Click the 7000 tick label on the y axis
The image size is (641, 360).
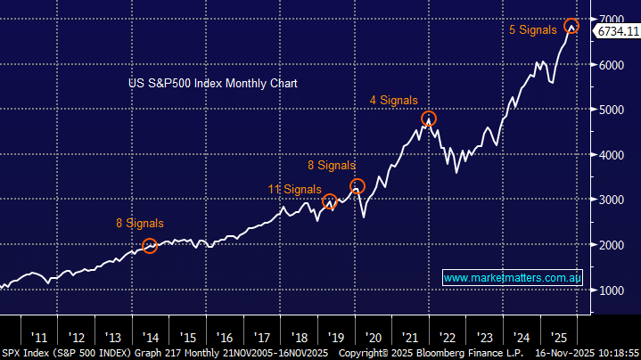click(612, 20)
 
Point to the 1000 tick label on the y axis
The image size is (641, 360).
click(612, 290)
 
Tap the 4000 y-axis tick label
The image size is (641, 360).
click(612, 155)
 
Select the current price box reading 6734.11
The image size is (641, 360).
click(618, 32)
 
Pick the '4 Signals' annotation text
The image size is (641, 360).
click(393, 101)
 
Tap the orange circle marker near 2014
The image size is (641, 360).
click(150, 245)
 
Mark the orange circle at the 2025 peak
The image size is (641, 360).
click(571, 26)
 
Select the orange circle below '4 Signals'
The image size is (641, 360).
click(429, 119)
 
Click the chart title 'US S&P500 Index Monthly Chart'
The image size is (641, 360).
click(212, 83)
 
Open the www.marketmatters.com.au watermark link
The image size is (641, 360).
click(513, 278)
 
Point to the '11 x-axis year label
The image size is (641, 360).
click(39, 338)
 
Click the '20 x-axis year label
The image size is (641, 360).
click(374, 338)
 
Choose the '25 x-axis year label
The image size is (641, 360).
click(559, 338)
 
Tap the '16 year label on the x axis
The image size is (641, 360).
click(225, 338)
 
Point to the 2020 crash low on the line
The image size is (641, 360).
click(363, 217)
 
